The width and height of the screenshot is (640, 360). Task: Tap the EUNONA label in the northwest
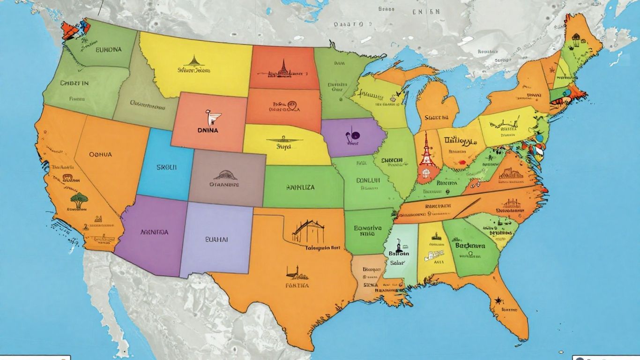coord(109,49)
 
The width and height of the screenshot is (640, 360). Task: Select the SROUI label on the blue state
coord(166,167)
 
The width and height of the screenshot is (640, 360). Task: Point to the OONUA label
coord(100,154)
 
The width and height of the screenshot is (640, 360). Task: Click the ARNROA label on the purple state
coord(155,232)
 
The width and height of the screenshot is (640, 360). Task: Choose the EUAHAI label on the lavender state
coord(216,239)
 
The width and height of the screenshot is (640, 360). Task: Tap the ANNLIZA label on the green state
coord(300,187)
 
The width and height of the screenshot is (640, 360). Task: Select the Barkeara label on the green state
coord(470,245)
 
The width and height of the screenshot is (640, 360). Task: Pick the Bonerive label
coord(368,228)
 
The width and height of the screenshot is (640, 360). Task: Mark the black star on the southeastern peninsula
coord(497,299)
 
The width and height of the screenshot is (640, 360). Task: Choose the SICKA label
coord(370,284)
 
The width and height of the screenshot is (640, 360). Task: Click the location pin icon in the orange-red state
coord(292,106)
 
